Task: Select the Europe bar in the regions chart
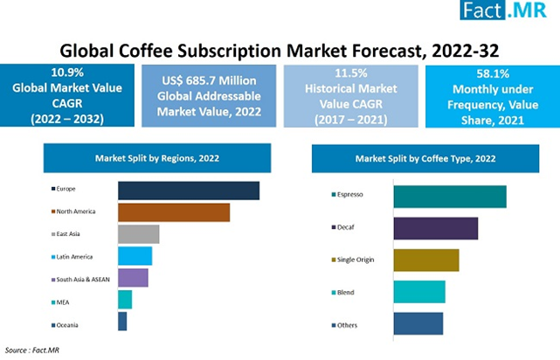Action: click(188, 190)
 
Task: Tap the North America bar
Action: click(173, 212)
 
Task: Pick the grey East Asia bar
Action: click(138, 234)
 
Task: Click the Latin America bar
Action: click(135, 256)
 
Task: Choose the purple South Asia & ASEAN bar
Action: click(133, 278)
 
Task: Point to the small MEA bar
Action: click(125, 300)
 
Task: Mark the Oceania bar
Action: click(122, 322)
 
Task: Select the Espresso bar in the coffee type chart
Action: click(450, 197)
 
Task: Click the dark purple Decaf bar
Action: click(436, 229)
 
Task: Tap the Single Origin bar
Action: click(426, 260)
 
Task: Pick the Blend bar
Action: click(419, 292)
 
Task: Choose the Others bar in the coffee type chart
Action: click(418, 323)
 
